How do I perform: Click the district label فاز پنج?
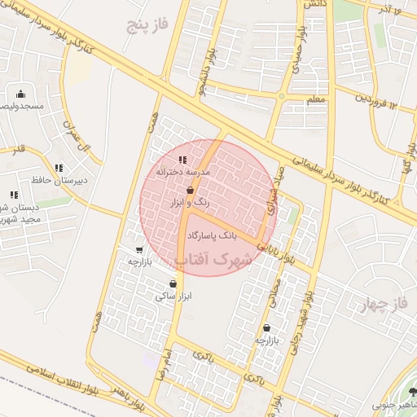coord(147,24)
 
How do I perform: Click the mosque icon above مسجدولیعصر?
coord(20,94)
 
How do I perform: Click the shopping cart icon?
coord(139,250)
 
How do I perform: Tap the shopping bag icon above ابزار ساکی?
coord(173,284)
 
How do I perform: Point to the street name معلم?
coord(315,99)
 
